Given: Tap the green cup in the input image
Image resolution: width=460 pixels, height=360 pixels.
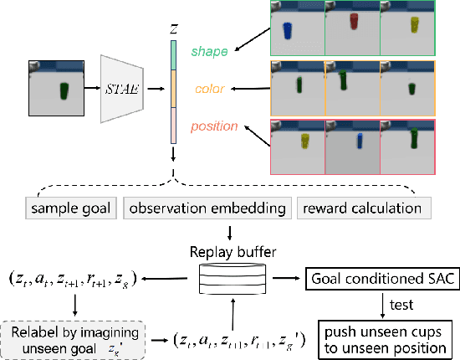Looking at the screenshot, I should [x=64, y=90].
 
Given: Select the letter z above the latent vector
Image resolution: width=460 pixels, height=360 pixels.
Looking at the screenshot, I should [x=173, y=28].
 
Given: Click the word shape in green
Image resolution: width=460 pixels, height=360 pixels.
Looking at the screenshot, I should [x=210, y=52].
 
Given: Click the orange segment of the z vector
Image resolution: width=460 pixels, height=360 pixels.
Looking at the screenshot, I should [x=173, y=88].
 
